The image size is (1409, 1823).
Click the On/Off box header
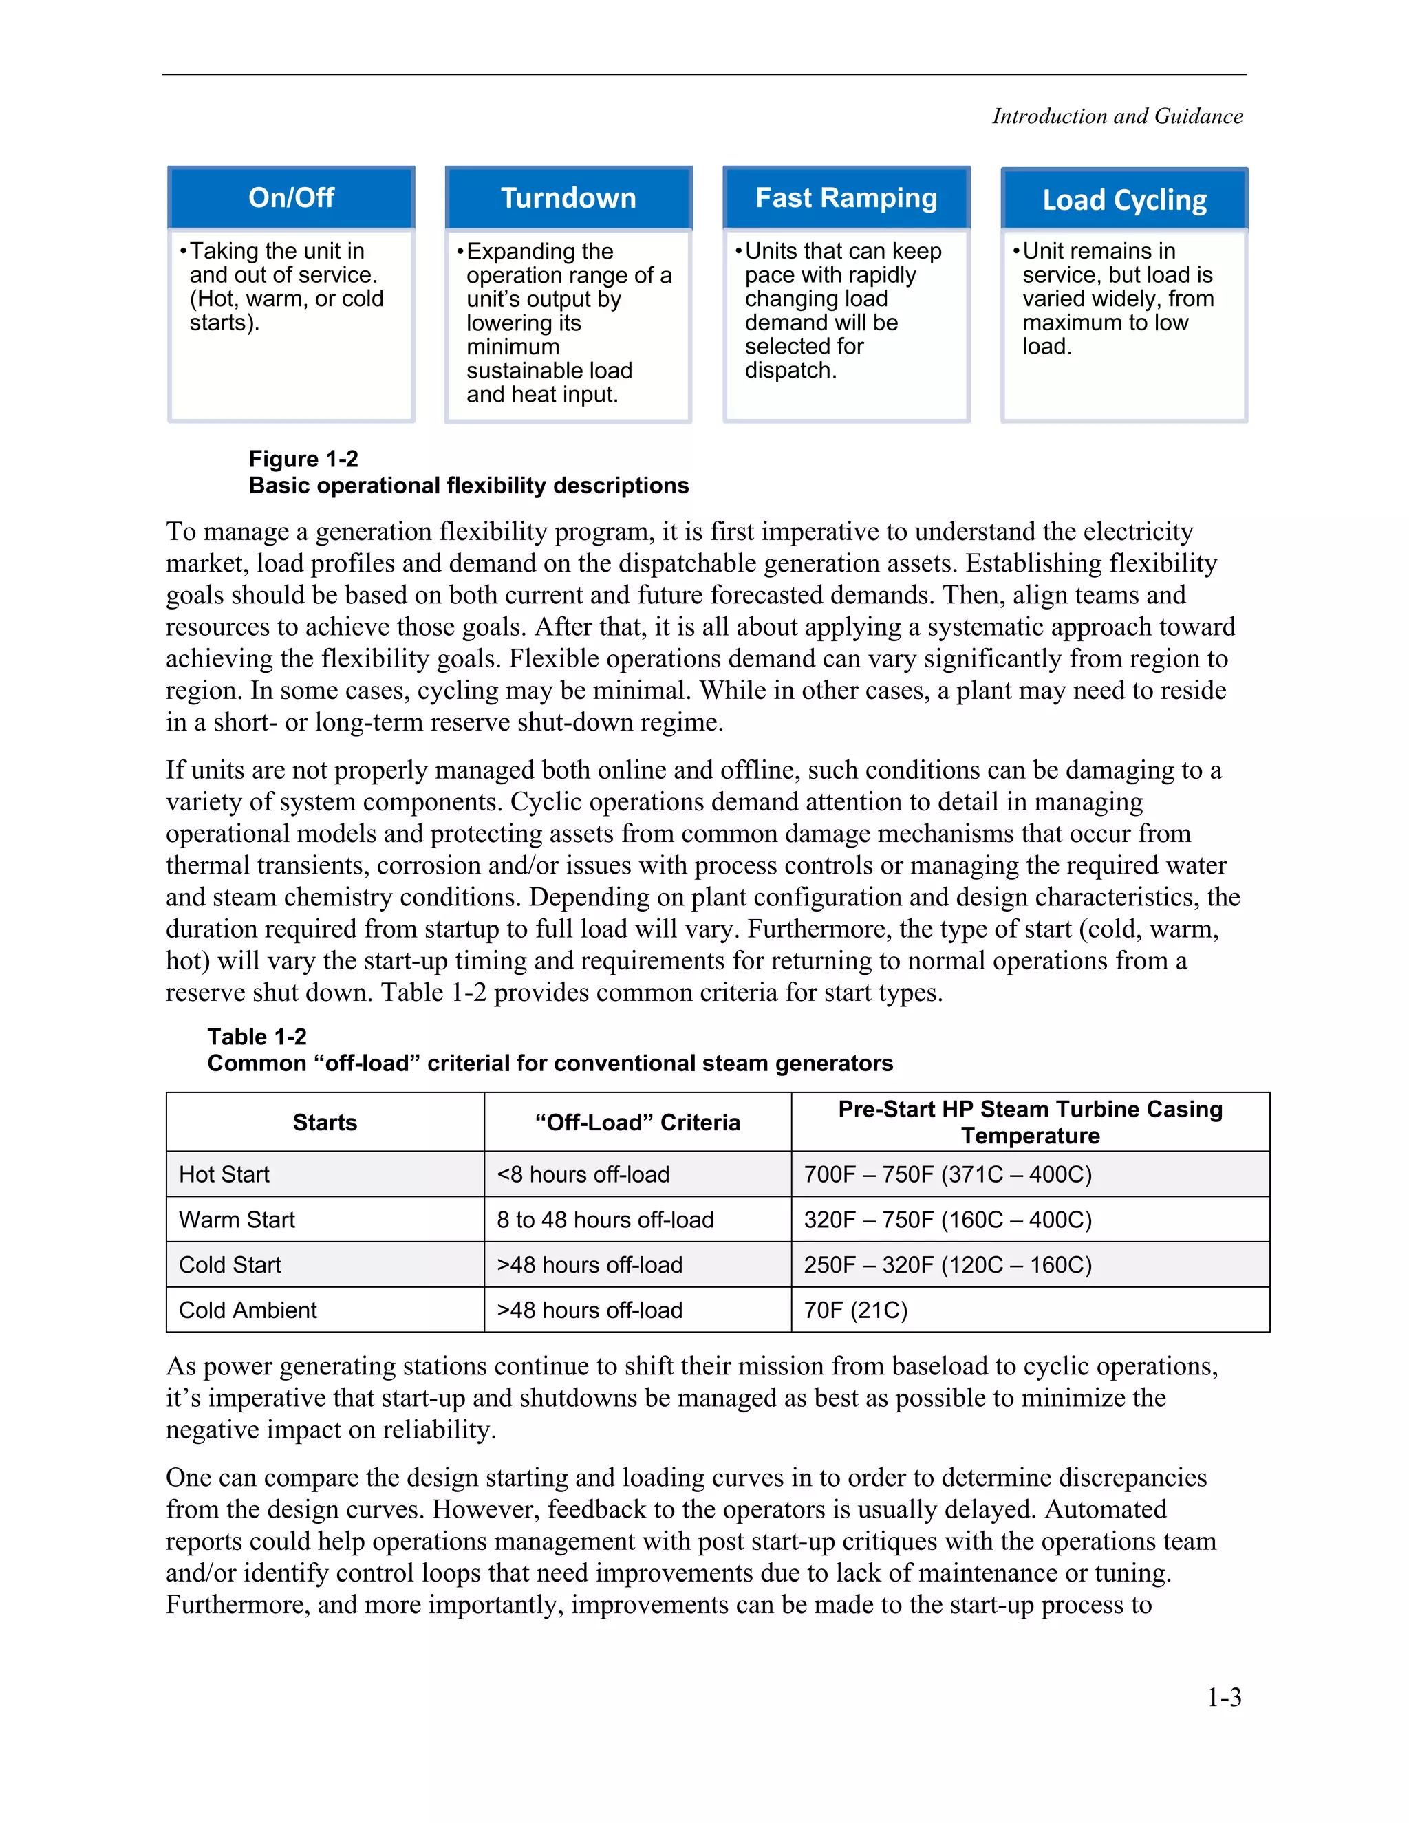pyautogui.click(x=290, y=198)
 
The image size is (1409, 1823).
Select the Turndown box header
pyautogui.click(x=568, y=199)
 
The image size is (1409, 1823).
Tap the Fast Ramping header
pyautogui.click(x=846, y=199)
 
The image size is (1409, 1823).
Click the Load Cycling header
pyautogui.click(x=1123, y=200)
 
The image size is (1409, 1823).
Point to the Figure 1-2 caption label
pyautogui.click(x=303, y=459)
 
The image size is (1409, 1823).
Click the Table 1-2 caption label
pyautogui.click(x=257, y=1037)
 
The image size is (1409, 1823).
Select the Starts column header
pyautogui.click(x=325, y=1123)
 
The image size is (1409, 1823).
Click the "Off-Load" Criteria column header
pyautogui.click(x=637, y=1123)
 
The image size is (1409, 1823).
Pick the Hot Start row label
pyautogui.click(x=224, y=1174)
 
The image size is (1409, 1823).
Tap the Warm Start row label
pyautogui.click(x=237, y=1220)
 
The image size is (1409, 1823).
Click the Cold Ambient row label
pyautogui.click(x=248, y=1310)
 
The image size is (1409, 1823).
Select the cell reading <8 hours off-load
pyautogui.click(x=583, y=1174)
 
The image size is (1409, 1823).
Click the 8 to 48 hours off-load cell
pyautogui.click(x=605, y=1220)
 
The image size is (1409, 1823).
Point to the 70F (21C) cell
pyautogui.click(x=856, y=1310)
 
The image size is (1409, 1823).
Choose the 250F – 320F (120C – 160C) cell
pyautogui.click(x=947, y=1265)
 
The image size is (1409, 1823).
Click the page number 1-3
pyautogui.click(x=1224, y=1697)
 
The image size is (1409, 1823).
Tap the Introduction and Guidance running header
pyautogui.click(x=1117, y=116)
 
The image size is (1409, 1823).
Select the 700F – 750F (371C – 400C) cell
pyautogui.click(x=947, y=1174)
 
